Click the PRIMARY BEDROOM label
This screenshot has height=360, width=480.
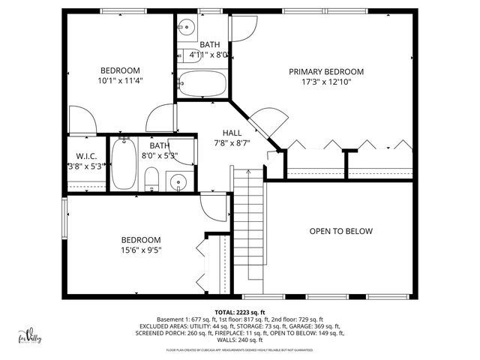click(x=326, y=72)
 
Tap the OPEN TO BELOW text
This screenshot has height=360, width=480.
click(x=340, y=231)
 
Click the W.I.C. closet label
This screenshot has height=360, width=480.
click(x=85, y=157)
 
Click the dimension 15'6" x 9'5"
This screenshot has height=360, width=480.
click(x=141, y=250)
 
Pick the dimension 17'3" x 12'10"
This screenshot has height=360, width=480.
click(x=326, y=82)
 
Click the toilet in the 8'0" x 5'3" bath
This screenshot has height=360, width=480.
click(x=151, y=178)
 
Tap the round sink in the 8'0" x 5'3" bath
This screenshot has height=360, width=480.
click(x=177, y=181)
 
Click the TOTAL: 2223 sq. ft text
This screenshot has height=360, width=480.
click(x=240, y=312)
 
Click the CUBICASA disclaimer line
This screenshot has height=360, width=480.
click(x=240, y=349)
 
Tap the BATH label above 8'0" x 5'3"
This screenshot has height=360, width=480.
click(x=159, y=145)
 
